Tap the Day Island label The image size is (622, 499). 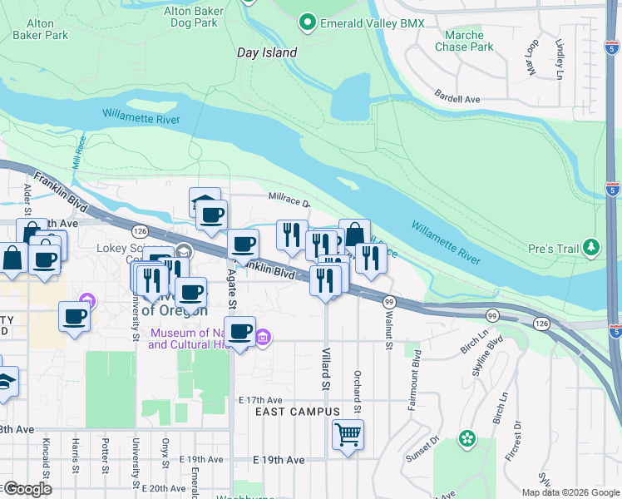[x=267, y=52]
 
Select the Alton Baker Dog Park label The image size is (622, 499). [x=190, y=17]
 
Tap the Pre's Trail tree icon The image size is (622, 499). [x=591, y=247]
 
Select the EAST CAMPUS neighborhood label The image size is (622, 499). [x=297, y=412]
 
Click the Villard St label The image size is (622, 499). [x=325, y=369]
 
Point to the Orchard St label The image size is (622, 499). [x=357, y=391]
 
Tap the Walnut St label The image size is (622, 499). [x=388, y=323]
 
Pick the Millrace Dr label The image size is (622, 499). [x=289, y=203]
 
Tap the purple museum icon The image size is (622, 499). [x=263, y=337]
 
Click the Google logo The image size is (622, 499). [x=27, y=489]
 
